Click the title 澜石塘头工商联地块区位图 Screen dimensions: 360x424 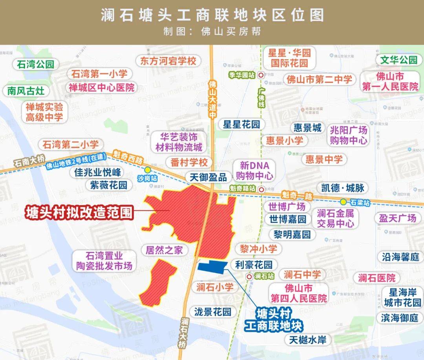tap(212, 15)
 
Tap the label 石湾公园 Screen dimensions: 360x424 tap(35, 64)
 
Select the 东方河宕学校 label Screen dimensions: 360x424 tap(168, 61)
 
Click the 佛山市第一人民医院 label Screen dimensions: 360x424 tap(390, 81)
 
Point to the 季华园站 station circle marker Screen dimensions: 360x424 tap(261, 75)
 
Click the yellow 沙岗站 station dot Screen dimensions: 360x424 tap(147, 170)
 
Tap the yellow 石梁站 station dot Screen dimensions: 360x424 tap(344, 202)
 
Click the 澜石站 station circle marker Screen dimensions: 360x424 tap(249, 276)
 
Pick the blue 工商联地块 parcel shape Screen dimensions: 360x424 tap(212, 266)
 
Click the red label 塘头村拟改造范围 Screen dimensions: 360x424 tap(79, 213)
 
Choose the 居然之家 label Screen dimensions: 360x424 tap(164, 250)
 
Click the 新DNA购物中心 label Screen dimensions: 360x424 tap(254, 170)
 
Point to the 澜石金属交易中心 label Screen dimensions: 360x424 tap(335, 219)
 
